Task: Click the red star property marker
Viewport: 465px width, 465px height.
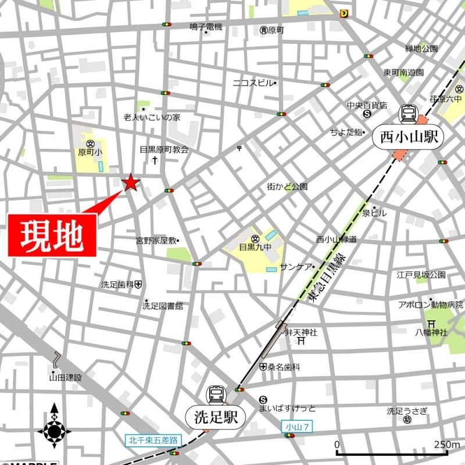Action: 131,183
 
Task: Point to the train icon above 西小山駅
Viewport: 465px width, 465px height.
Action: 409,113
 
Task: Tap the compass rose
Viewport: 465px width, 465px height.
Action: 55,431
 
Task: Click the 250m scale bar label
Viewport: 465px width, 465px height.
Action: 447,445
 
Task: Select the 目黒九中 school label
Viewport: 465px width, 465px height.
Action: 255,246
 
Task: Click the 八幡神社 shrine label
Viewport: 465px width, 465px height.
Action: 431,332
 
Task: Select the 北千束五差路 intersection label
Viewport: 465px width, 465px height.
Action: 153,440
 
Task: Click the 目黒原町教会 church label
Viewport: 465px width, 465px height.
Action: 164,149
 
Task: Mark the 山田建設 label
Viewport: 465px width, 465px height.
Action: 66,377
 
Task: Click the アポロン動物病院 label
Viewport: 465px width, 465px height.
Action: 430,304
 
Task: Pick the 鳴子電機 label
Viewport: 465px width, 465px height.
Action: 206,27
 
